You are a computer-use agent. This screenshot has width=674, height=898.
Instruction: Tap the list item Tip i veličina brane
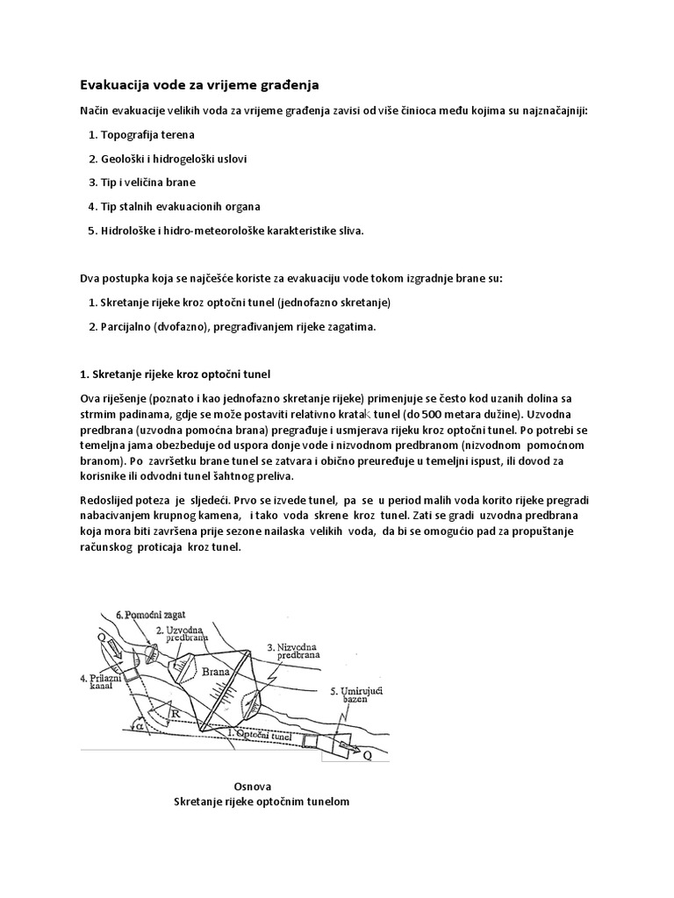coord(148,182)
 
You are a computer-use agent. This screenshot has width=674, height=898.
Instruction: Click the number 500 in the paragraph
coord(416,413)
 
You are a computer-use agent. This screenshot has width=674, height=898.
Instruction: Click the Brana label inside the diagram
coord(217,673)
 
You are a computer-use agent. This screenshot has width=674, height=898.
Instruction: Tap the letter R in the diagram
coord(176,714)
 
